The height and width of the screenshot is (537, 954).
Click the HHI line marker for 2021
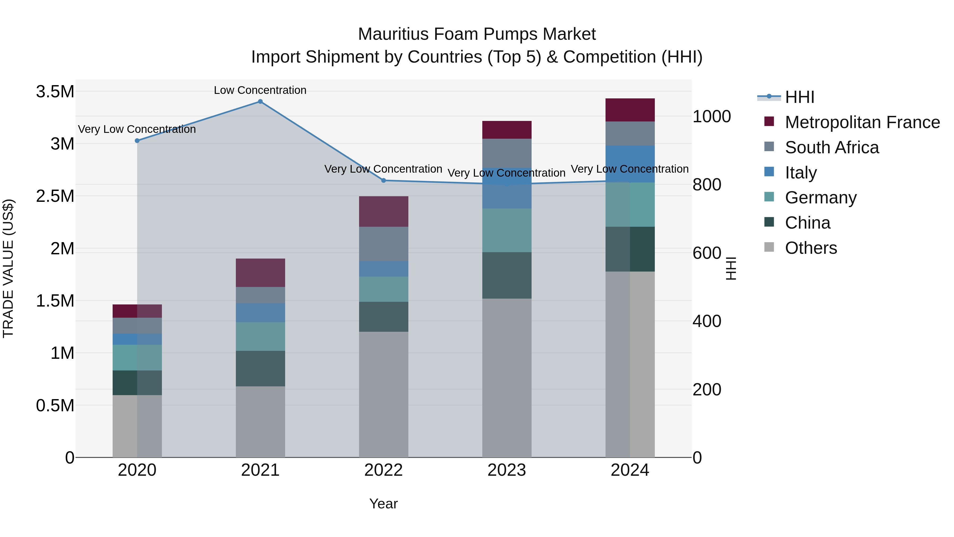point(260,102)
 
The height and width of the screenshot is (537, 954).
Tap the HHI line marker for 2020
point(137,141)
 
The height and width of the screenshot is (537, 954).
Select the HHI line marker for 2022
point(384,181)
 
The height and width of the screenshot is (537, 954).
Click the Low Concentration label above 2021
point(260,90)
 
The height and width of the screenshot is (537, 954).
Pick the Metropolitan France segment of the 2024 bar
point(630,110)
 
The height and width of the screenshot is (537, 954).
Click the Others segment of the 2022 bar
point(384,394)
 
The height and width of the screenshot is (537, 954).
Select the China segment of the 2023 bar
point(507,275)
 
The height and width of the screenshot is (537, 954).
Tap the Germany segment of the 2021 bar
point(260,337)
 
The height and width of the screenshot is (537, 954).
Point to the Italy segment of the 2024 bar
point(630,164)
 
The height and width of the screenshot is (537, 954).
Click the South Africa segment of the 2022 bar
point(384,244)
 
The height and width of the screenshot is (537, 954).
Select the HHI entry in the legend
point(799,97)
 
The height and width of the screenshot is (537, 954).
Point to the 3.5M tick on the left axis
point(55,91)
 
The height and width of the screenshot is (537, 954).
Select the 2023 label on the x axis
point(507,470)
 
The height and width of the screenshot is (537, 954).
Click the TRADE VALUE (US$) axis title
point(8,268)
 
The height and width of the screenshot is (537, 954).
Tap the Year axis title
point(383,504)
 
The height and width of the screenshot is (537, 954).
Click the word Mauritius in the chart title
point(393,34)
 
